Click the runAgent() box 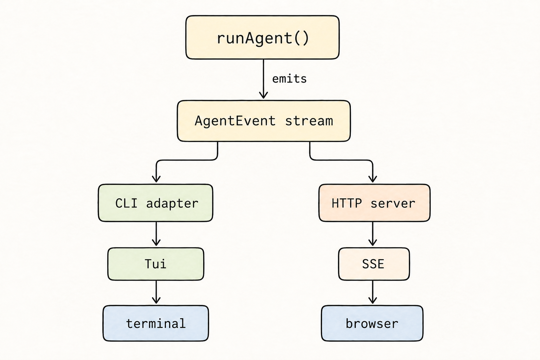point(262,37)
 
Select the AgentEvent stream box point(264,121)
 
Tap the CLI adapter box point(155,203)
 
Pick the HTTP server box point(374,203)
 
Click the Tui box point(156,264)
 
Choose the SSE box point(374,264)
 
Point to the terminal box point(156,323)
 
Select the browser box point(372,323)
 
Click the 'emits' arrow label point(289,79)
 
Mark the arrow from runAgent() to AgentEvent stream point(263,79)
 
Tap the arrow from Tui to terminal point(156,292)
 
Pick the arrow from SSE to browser point(373,292)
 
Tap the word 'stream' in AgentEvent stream point(309,121)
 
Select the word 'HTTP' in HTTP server point(347,203)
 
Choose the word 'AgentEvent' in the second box point(235,121)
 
